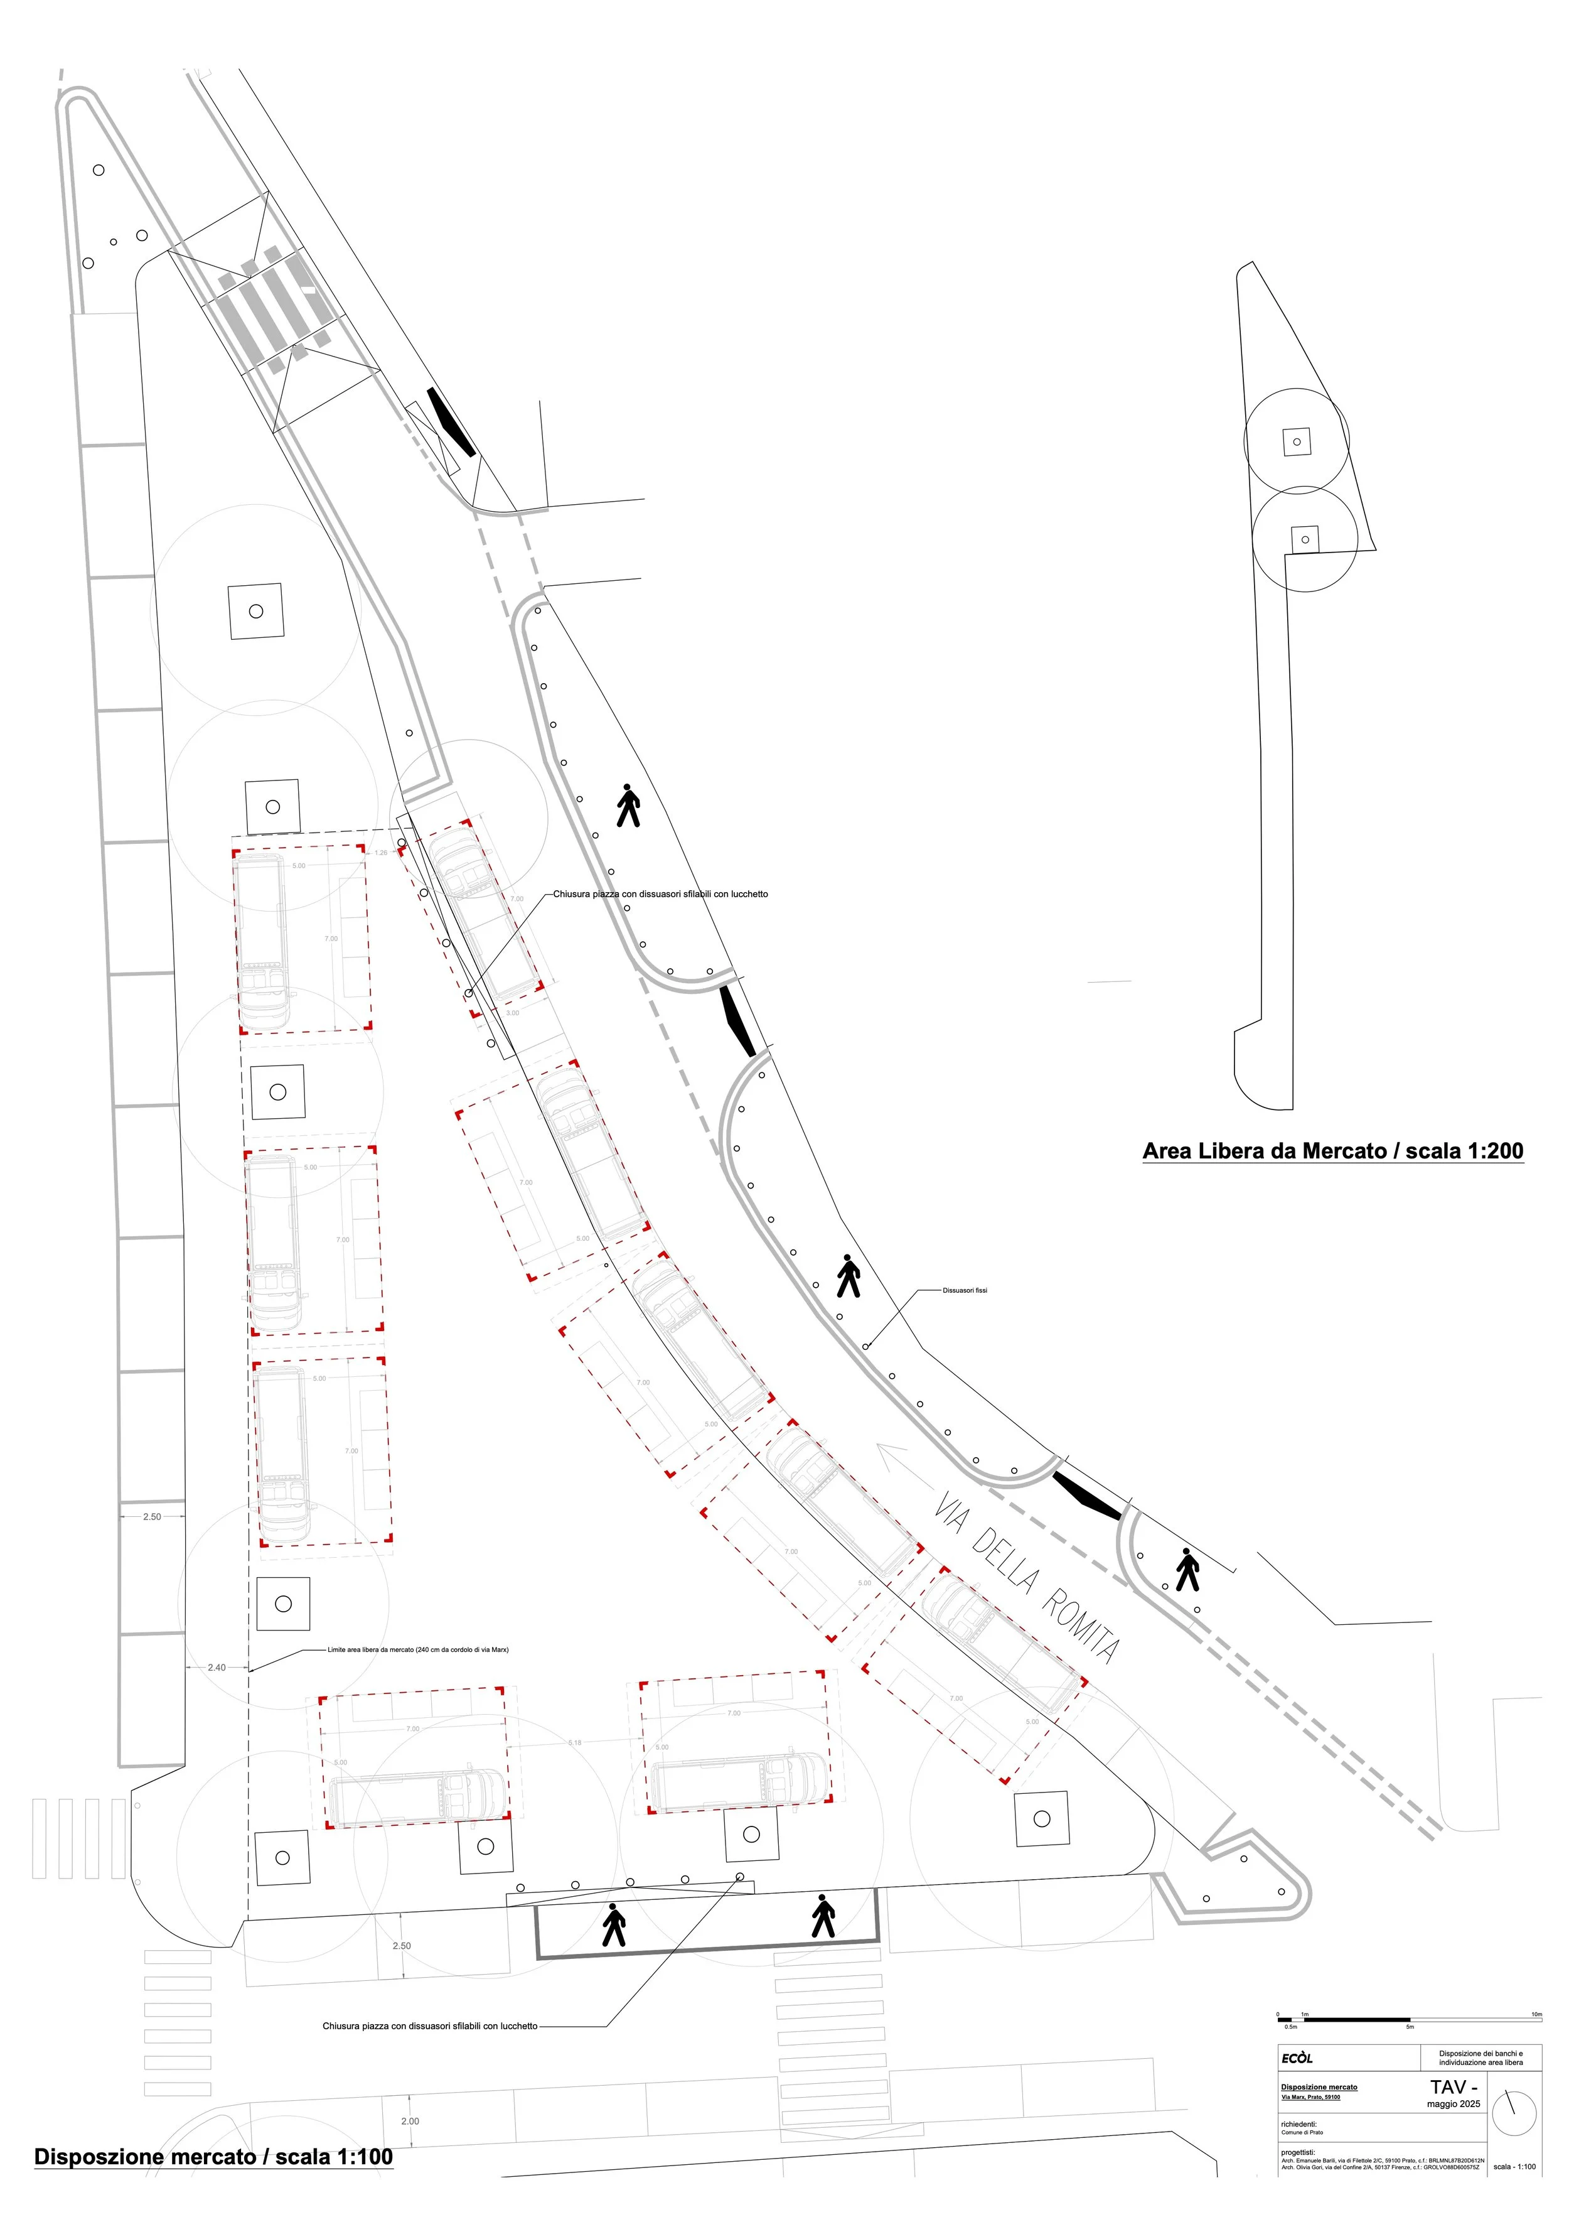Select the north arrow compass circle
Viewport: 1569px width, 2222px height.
1514,2113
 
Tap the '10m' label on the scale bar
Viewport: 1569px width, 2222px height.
1536,2014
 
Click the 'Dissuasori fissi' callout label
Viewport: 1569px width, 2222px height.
965,1290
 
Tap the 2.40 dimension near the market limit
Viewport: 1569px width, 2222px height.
217,1668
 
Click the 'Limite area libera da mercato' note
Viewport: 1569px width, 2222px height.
418,1649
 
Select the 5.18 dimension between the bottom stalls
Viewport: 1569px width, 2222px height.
575,1743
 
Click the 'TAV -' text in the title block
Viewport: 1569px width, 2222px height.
1453,2086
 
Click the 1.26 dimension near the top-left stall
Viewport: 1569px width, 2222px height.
381,853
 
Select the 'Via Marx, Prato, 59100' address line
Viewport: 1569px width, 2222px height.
1310,2097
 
